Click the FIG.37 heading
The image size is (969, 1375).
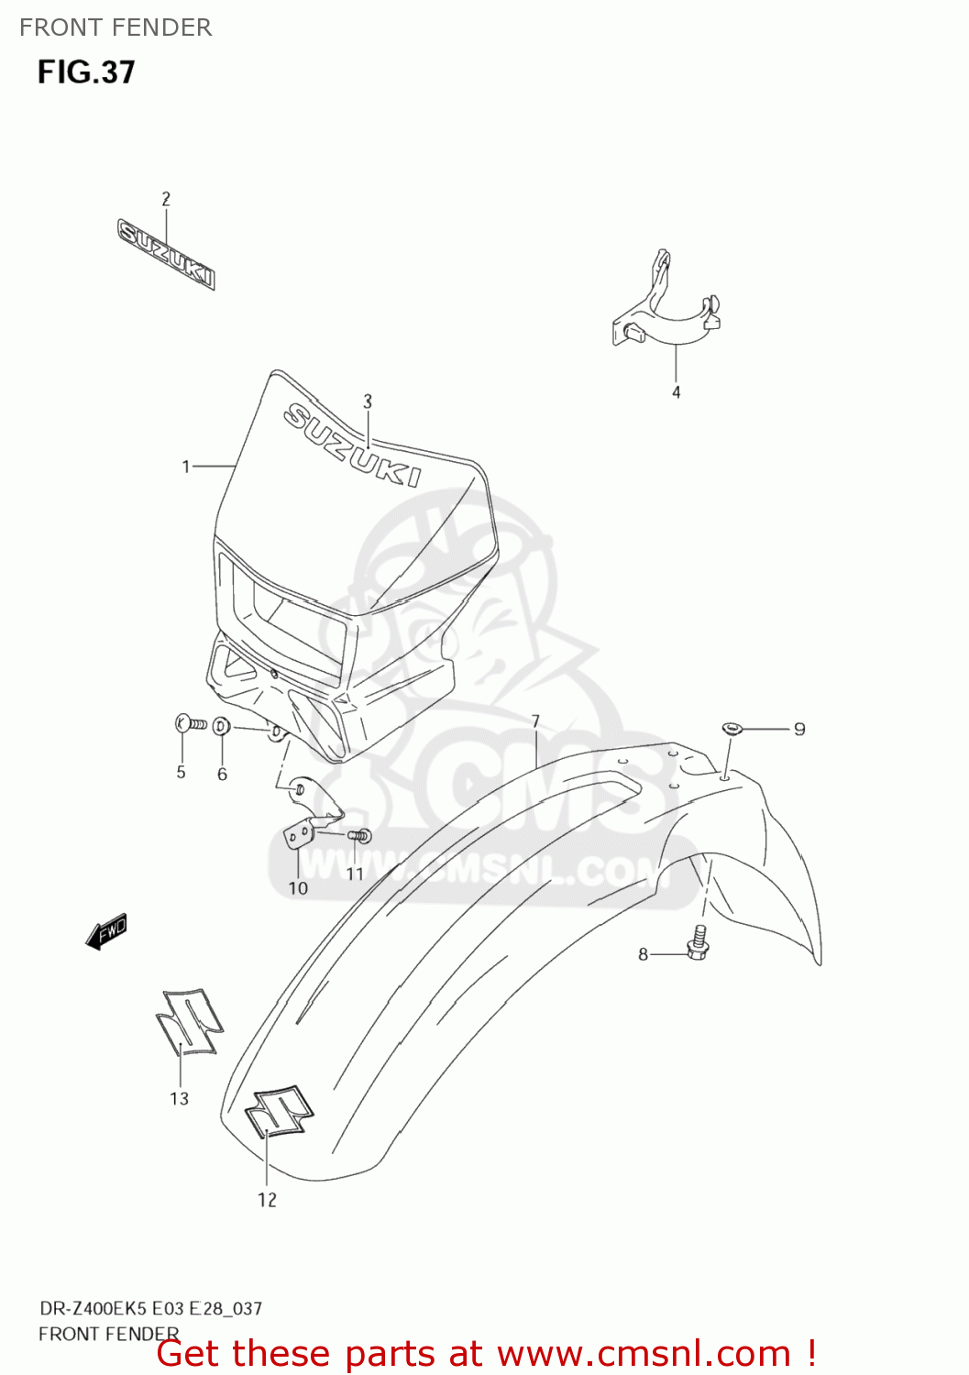[86, 72]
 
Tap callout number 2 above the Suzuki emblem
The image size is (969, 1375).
[166, 199]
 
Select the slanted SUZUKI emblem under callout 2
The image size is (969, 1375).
[166, 254]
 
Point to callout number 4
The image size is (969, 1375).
[677, 392]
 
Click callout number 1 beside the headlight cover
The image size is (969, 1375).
[186, 467]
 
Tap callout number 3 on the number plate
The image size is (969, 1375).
[368, 401]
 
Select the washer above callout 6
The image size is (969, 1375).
[221, 727]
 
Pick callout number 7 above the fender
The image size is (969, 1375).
[535, 722]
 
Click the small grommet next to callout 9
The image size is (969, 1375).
[731, 729]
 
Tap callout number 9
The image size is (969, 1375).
[799, 730]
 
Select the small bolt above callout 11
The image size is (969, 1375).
[359, 835]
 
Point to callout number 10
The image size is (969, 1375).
[298, 887]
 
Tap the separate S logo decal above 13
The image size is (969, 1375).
[189, 1022]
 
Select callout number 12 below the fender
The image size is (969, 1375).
[267, 1200]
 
